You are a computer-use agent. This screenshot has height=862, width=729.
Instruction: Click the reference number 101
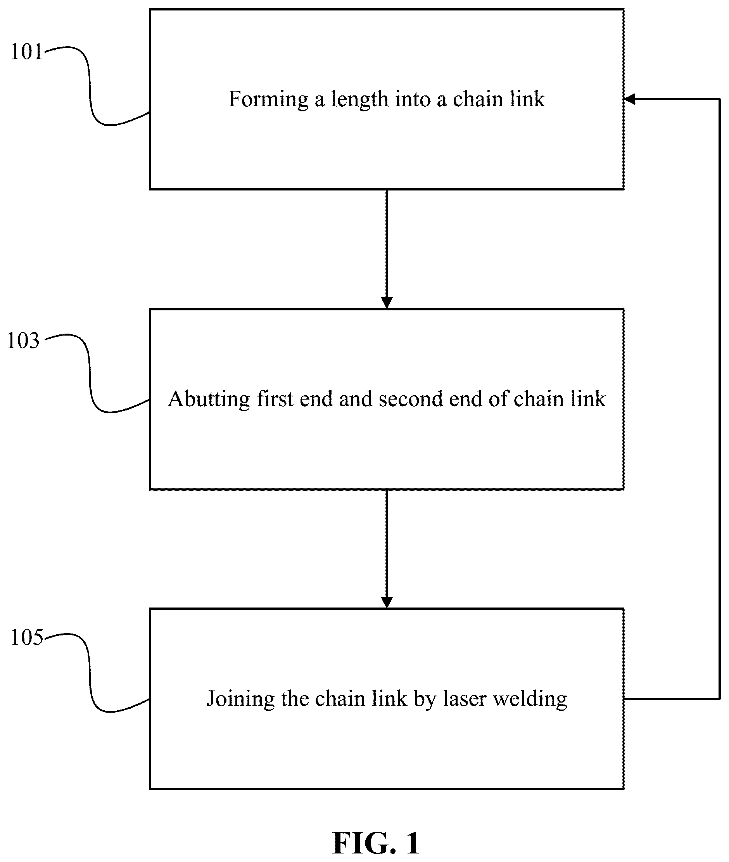(x=26, y=52)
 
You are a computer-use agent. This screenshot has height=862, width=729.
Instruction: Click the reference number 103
(x=23, y=341)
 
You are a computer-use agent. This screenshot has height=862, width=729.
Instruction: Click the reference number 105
(x=26, y=637)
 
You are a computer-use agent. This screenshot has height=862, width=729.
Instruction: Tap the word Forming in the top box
(x=269, y=100)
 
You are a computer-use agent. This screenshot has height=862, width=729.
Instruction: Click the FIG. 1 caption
(x=376, y=843)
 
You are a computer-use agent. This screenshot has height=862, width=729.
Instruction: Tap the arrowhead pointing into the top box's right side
(x=630, y=99)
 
